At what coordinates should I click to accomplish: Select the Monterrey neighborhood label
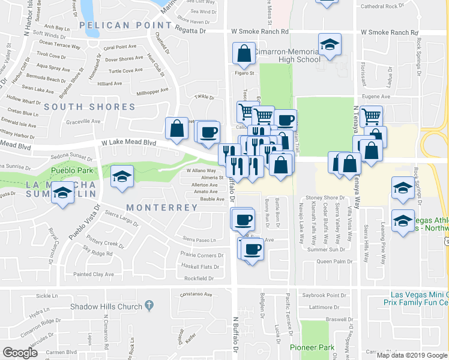pyautogui.click(x=161, y=207)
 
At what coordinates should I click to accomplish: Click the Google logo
pyautogui.click(x=20, y=353)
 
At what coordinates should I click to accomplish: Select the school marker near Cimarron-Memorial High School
pyautogui.click(x=330, y=45)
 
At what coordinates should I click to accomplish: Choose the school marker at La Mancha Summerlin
pyautogui.click(x=62, y=193)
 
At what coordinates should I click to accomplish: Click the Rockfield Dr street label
pyautogui.click(x=199, y=278)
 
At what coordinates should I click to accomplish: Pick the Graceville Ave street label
pyautogui.click(x=83, y=121)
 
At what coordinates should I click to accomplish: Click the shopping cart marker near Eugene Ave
pyautogui.click(x=372, y=115)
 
